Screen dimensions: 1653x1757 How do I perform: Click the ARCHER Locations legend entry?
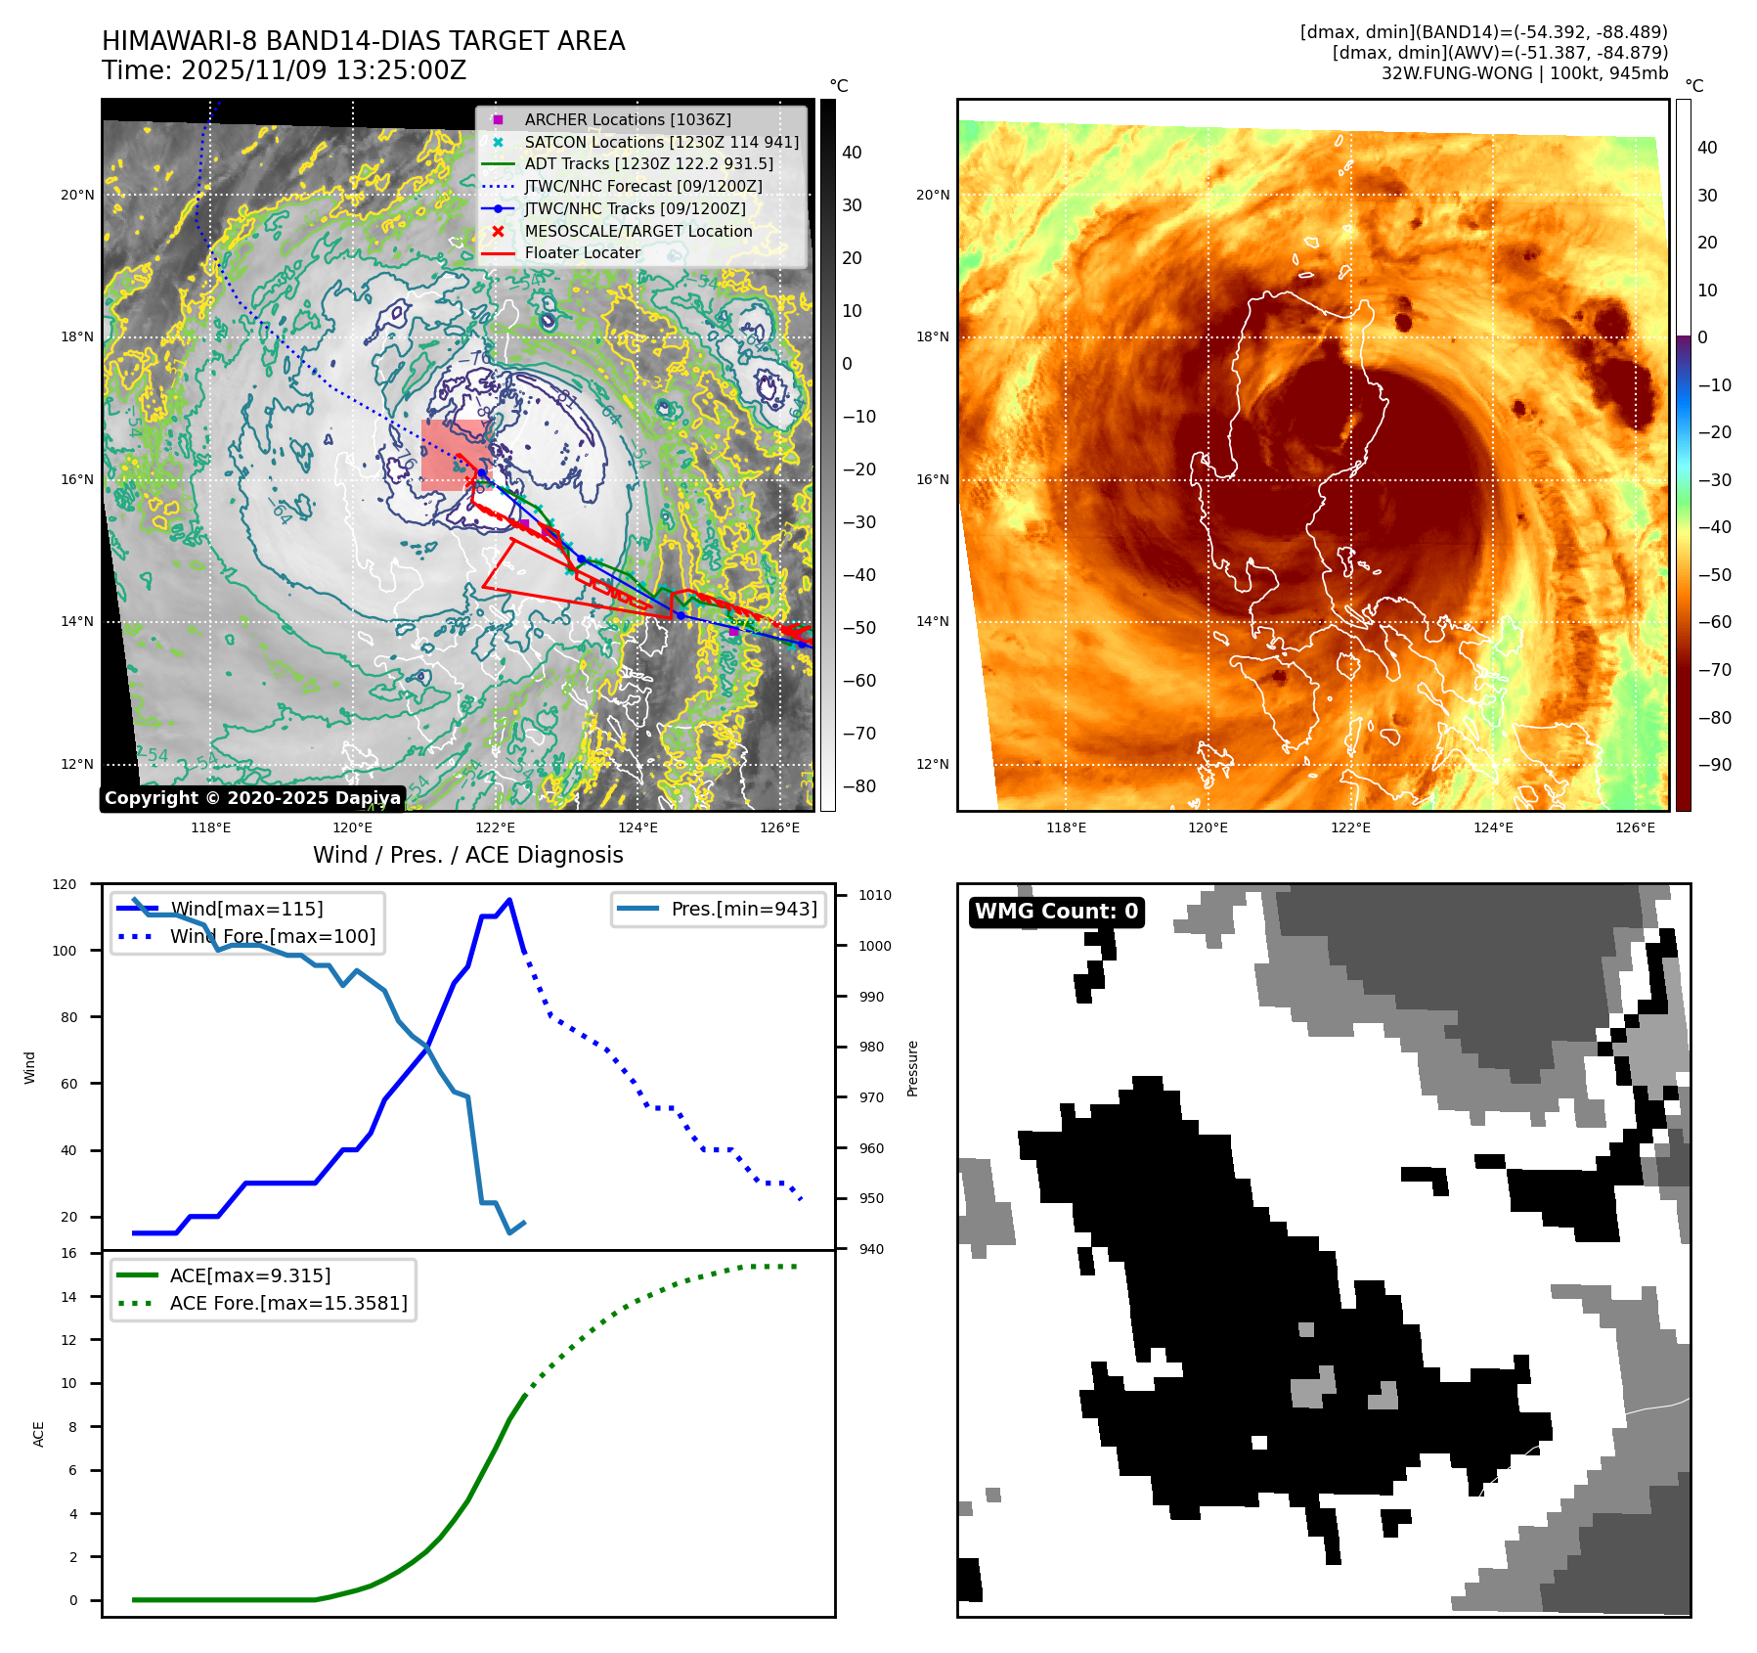[x=627, y=119]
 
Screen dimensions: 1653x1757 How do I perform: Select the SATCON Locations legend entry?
[x=661, y=142]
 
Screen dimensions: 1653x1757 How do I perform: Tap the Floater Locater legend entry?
[x=582, y=252]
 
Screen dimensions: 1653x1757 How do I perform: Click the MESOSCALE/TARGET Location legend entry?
[x=637, y=231]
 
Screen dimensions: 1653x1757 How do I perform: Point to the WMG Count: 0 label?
[x=1056, y=912]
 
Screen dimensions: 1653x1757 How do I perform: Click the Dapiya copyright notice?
[x=252, y=798]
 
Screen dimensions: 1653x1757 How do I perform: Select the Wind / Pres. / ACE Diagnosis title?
[x=467, y=855]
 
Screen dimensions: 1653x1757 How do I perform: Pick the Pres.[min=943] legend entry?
[x=743, y=909]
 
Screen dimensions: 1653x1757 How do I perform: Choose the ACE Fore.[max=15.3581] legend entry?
[x=287, y=1303]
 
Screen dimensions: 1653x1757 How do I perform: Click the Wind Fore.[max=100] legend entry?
[x=272, y=936]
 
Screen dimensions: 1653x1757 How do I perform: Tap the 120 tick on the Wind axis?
[x=65, y=884]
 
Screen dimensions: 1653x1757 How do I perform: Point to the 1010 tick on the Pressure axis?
[x=875, y=895]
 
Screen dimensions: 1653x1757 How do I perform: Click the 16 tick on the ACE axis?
[x=68, y=1253]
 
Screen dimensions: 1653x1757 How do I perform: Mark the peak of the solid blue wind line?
[x=509, y=900]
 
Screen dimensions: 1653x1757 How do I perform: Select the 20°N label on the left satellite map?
[x=77, y=195]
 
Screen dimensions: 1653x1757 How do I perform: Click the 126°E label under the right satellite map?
[x=1635, y=827]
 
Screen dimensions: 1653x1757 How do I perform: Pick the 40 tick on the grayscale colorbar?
[x=852, y=153]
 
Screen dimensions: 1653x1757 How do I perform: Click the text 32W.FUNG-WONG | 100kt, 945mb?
[x=1524, y=73]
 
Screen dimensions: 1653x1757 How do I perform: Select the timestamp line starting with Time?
[x=284, y=70]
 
